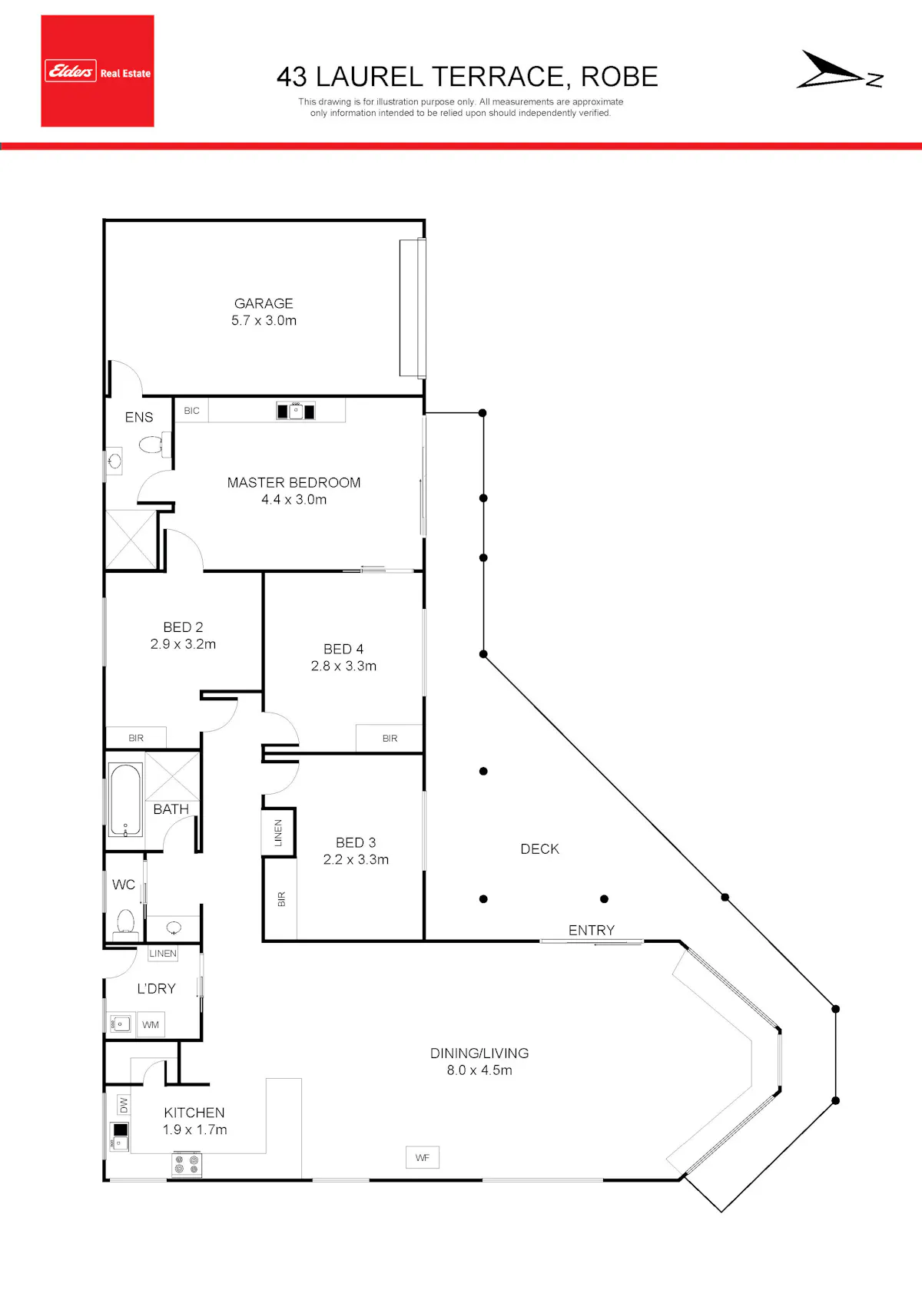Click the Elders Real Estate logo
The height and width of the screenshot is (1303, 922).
[x=98, y=71]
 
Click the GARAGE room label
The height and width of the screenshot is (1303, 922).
[x=264, y=303]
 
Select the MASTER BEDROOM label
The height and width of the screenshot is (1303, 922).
[x=294, y=482]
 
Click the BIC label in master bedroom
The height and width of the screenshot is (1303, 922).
[x=191, y=411]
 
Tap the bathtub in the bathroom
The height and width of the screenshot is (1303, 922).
[x=125, y=800]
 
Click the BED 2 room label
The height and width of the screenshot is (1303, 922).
[x=184, y=627]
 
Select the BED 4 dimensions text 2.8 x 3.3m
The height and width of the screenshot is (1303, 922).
[x=344, y=666]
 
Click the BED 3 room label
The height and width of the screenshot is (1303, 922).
[x=356, y=842]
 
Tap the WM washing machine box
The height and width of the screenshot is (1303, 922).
[x=151, y=1025]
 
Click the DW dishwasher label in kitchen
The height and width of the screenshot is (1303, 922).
[x=124, y=1104]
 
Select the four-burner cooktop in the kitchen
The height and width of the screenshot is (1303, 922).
[x=187, y=1164]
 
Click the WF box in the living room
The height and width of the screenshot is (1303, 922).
[x=423, y=1157]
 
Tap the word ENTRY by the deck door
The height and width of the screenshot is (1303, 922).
[x=592, y=930]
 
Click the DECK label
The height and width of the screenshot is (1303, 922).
[x=539, y=848]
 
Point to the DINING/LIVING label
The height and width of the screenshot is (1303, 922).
[x=479, y=1053]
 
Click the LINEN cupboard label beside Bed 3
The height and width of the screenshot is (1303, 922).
[x=278, y=832]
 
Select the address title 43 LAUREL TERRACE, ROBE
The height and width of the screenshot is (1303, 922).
[x=467, y=77]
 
